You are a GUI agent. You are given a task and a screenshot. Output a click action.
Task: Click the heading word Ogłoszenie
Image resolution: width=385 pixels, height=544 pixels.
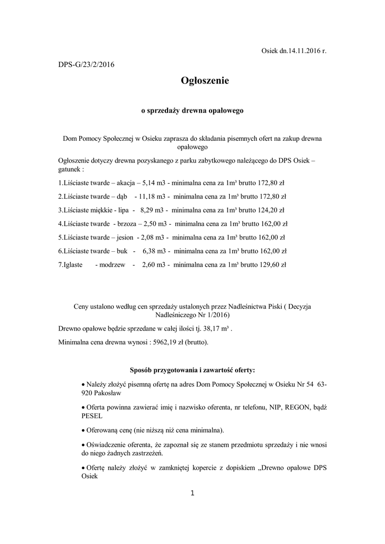(204, 81)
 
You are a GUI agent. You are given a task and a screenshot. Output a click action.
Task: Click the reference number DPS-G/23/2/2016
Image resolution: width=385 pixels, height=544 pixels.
(86, 65)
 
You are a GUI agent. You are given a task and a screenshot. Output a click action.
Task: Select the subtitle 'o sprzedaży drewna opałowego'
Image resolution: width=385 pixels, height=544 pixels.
(192, 111)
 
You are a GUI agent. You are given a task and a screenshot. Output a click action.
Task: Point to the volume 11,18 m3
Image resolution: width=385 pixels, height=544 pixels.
(153, 195)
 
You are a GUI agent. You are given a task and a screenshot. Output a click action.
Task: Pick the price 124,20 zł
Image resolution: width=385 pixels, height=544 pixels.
(270, 209)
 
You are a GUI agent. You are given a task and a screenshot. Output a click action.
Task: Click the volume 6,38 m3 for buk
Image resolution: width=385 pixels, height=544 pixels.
(157, 251)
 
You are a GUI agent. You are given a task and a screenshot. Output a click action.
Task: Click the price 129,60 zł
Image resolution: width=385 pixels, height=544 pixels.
(271, 265)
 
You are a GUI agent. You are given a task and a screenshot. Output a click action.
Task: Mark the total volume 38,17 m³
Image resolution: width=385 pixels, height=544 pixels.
(214, 329)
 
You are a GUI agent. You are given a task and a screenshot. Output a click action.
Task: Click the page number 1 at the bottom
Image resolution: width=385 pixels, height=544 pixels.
(192, 494)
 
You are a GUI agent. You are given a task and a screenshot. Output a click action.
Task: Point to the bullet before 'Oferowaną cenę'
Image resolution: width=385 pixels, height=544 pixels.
(82, 430)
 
